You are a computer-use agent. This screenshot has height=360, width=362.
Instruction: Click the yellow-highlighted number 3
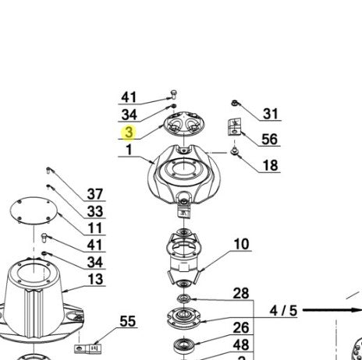(130, 132)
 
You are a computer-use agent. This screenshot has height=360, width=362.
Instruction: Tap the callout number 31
(271, 114)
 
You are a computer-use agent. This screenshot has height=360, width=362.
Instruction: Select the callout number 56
(269, 139)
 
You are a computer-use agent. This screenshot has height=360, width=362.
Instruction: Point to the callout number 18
(271, 165)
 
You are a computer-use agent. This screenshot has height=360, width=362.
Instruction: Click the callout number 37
(95, 194)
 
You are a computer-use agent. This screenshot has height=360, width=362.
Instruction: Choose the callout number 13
(95, 279)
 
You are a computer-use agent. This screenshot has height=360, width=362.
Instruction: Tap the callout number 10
(242, 244)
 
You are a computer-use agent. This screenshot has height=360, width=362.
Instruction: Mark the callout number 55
(128, 321)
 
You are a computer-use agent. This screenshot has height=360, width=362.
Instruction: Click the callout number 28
(241, 293)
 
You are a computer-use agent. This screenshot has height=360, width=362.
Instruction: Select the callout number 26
(241, 328)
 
